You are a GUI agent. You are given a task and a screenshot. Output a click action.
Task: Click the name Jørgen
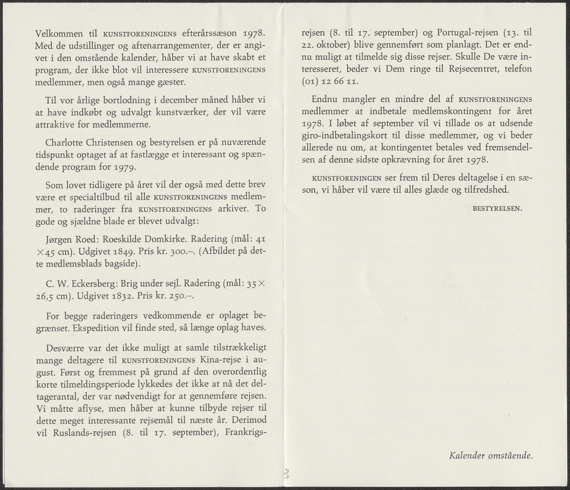(x=59, y=240)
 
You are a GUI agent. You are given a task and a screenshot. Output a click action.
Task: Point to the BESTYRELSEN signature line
(x=497, y=209)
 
